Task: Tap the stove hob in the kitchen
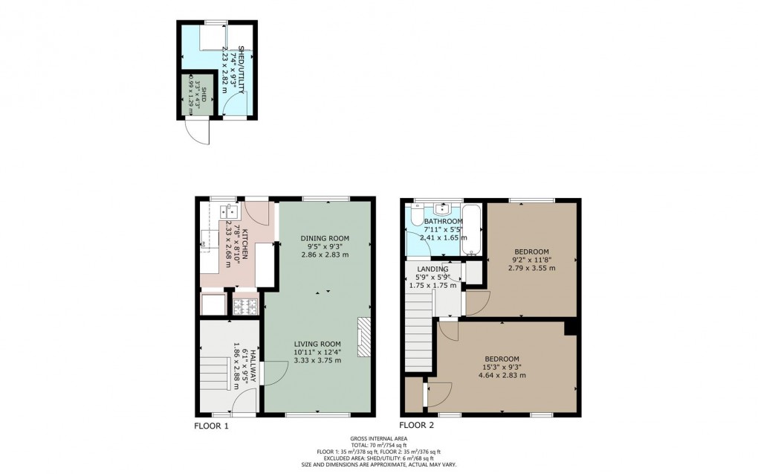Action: point(244,304)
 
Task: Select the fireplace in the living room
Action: point(364,338)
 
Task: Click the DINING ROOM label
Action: point(325,238)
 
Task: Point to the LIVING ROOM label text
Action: point(317,343)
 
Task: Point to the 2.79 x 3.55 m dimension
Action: point(531,268)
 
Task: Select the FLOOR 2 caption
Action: point(417,426)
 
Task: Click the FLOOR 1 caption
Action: point(211,426)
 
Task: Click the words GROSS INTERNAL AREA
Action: point(378,439)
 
